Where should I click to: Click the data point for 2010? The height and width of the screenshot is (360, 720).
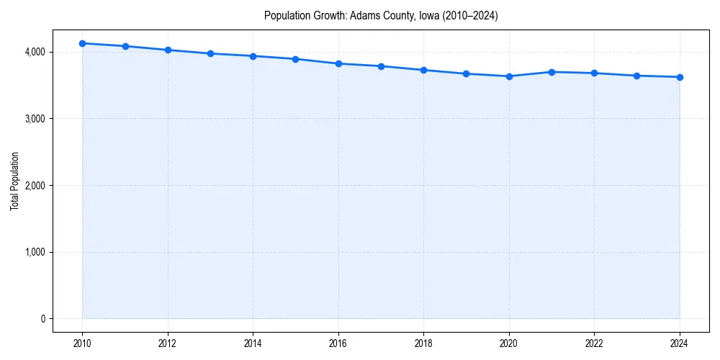[82, 43]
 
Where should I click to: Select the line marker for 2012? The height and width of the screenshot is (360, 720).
[168, 50]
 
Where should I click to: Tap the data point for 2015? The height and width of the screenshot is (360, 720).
[296, 59]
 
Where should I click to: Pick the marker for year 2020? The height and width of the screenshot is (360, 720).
[509, 76]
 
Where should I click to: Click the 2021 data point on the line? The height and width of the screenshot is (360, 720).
[552, 72]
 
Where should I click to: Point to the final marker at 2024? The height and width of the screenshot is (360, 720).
[680, 77]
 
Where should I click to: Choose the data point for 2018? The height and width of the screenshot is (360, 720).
[424, 70]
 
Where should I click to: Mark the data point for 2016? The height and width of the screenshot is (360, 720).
[338, 63]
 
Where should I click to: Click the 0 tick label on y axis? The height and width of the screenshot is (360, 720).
[42, 319]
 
